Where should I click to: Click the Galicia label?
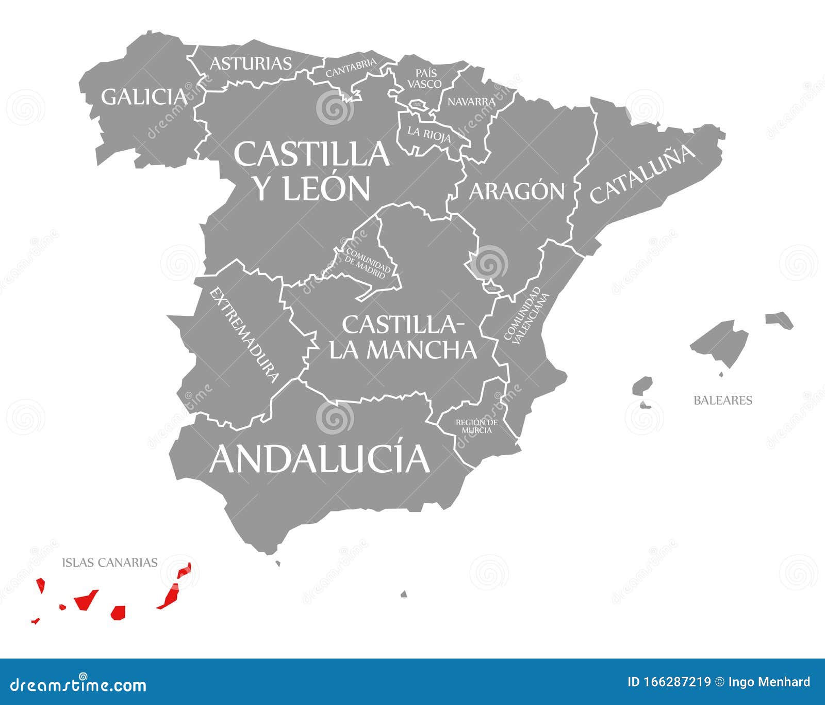coord(143,97)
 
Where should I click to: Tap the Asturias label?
coord(251,63)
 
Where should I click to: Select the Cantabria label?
coord(351,69)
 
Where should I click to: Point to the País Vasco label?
coord(424,78)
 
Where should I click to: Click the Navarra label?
coord(471,102)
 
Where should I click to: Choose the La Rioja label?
coord(429,134)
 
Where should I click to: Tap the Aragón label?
coord(517,191)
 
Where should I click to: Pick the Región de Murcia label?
coord(476,426)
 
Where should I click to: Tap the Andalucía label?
coord(319,458)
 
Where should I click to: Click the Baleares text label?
coord(722,400)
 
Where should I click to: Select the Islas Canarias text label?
coord(110,562)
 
